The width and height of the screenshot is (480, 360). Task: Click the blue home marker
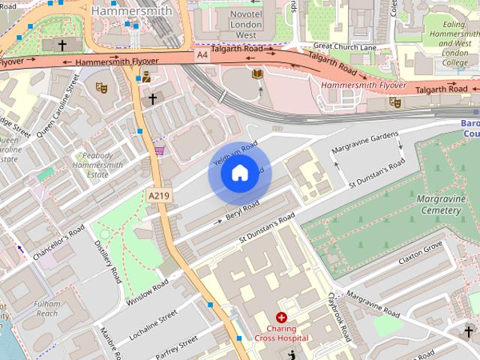click(x=239, y=173)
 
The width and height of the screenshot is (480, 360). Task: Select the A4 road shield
click(x=202, y=55)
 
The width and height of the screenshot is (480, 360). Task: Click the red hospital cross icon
click(x=281, y=318)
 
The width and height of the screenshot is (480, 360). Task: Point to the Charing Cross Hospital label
click(x=280, y=334)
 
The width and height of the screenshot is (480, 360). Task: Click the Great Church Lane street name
click(x=345, y=46)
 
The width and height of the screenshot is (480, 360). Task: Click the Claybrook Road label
click(x=340, y=315)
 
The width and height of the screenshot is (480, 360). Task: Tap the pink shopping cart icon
click(x=158, y=150)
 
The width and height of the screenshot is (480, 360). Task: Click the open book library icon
click(x=257, y=73)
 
